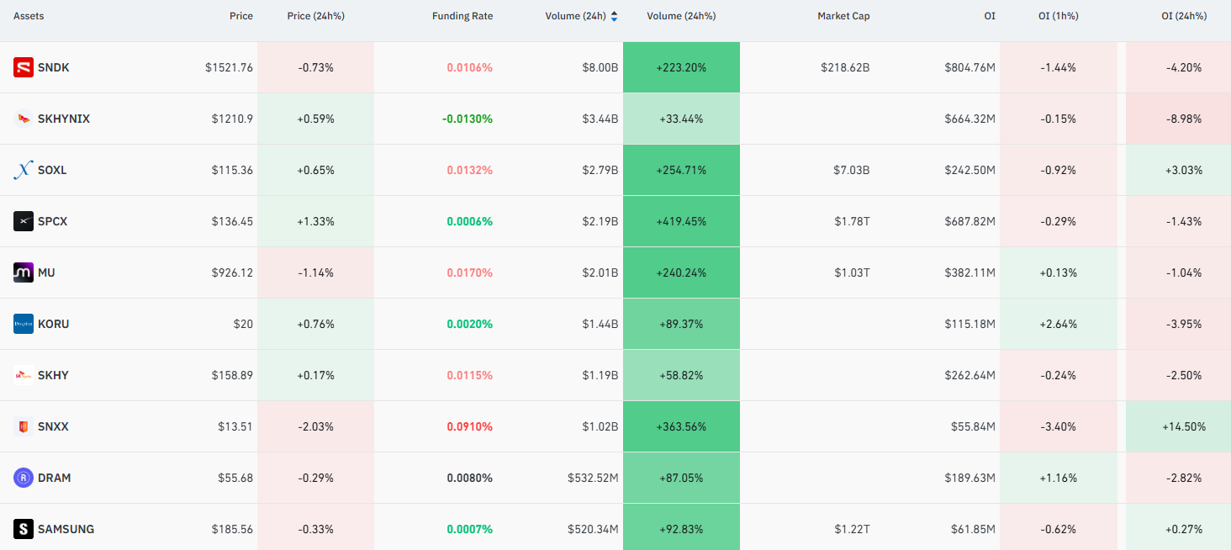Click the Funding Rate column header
point(462,16)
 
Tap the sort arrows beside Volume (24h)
point(614,16)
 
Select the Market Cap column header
point(843,16)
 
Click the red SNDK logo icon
point(23,67)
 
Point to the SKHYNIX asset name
point(64,119)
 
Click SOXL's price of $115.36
point(232,171)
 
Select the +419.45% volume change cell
point(681,221)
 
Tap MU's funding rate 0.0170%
point(469,272)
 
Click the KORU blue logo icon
point(23,324)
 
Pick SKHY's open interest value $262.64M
point(970,375)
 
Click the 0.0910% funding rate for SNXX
point(469,426)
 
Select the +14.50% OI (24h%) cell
point(1178,426)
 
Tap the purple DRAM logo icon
point(23,478)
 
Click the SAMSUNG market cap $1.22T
point(852,529)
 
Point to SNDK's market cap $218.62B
point(845,67)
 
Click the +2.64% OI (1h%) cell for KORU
point(1059,324)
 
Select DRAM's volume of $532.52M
point(593,478)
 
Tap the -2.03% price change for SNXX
point(315,426)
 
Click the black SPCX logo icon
point(23,221)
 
